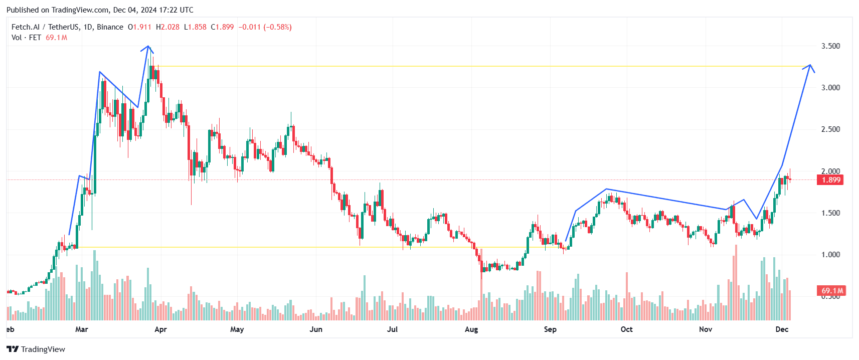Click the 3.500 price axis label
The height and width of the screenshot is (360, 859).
(830, 46)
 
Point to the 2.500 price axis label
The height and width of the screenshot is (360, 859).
(830, 129)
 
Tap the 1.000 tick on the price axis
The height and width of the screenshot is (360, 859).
(830, 254)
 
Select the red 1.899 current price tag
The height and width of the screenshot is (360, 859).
(830, 180)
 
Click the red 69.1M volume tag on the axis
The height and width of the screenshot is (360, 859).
(831, 290)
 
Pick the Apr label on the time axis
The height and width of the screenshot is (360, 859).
(160, 329)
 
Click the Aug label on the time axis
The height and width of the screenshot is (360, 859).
(471, 329)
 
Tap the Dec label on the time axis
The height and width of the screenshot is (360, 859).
(782, 329)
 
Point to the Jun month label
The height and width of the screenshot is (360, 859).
(316, 329)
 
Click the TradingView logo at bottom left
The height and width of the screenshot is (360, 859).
(36, 349)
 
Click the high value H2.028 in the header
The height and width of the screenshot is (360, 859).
(167, 27)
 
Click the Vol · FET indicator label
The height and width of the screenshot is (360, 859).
(26, 38)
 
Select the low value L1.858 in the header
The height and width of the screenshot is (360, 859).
(195, 27)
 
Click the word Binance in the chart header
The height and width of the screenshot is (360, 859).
(110, 27)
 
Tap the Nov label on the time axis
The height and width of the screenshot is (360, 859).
(706, 329)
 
